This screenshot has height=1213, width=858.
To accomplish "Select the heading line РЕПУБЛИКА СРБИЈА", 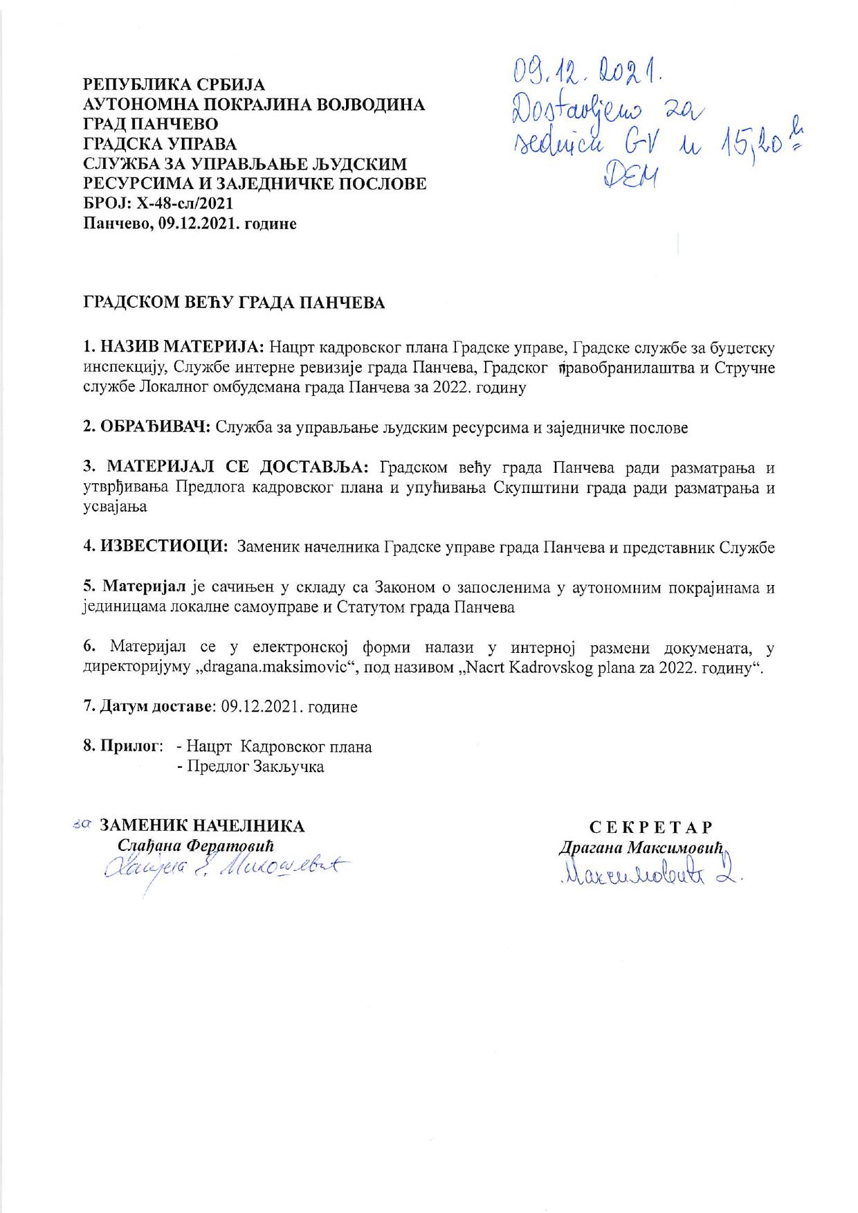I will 174,85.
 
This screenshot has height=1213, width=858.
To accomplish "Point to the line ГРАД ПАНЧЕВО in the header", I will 150,125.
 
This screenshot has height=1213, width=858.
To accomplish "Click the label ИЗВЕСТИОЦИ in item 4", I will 165,547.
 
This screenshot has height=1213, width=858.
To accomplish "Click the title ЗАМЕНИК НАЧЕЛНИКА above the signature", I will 202,826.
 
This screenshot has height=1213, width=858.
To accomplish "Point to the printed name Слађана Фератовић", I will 197,845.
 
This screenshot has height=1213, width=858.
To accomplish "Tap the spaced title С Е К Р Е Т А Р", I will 651,827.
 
